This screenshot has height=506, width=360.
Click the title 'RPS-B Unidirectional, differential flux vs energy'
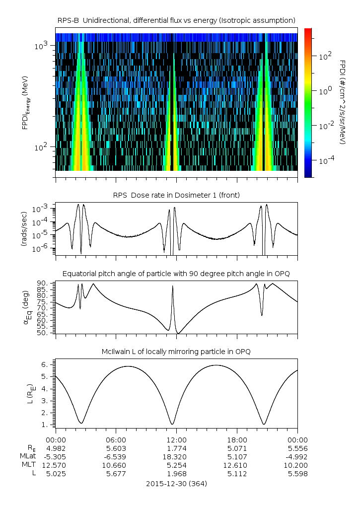tap(176, 20)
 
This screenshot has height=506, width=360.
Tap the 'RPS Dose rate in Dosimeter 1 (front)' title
tap(176, 195)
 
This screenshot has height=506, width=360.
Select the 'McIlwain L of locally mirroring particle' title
tap(176, 352)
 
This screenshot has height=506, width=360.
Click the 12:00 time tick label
tap(176, 439)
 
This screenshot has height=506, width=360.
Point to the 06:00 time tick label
tap(116, 439)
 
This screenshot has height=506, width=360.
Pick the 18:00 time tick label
tap(237, 439)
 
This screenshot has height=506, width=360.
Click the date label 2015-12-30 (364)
tap(176, 483)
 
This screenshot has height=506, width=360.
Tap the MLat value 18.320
tap(176, 456)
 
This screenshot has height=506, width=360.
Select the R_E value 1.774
tap(176, 448)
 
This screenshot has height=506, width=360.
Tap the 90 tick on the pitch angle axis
tap(42, 283)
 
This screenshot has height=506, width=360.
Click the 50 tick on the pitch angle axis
tap(42, 333)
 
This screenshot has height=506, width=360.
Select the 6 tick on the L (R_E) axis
tap(44, 364)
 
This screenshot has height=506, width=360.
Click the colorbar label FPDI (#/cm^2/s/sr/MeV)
tap(343, 102)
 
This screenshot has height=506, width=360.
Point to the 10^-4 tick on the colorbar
tap(326, 160)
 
